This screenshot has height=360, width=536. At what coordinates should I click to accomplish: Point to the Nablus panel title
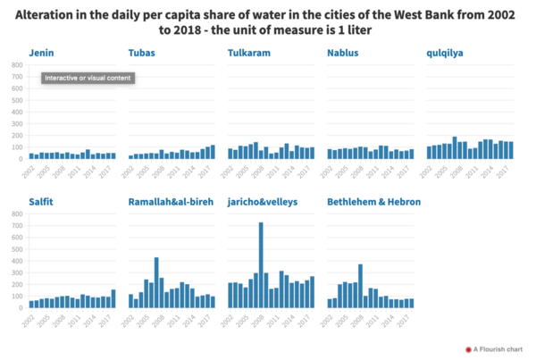[x=345, y=54]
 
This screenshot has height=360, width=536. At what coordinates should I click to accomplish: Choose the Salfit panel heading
[x=41, y=202]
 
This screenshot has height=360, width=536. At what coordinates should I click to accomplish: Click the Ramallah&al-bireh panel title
[x=171, y=202]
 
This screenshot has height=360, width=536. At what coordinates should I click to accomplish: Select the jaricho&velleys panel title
[x=267, y=202]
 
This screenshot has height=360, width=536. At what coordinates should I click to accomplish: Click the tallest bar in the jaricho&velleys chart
[x=261, y=265]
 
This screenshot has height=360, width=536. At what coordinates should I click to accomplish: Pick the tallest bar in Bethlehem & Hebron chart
[x=360, y=286]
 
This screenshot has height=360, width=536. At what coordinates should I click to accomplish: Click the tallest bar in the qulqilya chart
[x=455, y=148]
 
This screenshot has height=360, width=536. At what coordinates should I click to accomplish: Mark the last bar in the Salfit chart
[x=113, y=298]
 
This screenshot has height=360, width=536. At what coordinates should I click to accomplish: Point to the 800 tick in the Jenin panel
[x=17, y=65]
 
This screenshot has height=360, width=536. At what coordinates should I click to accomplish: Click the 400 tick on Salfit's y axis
[x=17, y=261]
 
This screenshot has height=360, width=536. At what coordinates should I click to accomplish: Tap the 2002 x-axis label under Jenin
[x=29, y=167]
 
